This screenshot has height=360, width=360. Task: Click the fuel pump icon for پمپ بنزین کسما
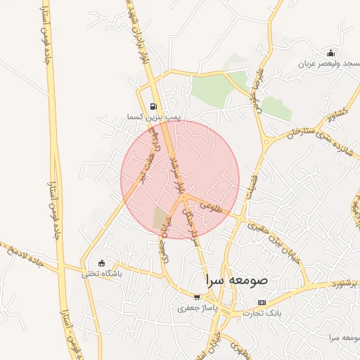pyautogui.click(x=153, y=107)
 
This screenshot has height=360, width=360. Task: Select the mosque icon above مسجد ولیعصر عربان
pyautogui.click(x=330, y=53)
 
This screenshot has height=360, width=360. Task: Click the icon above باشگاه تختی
pyautogui.click(x=101, y=263)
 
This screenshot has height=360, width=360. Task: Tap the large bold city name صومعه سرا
pyautogui.click(x=237, y=279)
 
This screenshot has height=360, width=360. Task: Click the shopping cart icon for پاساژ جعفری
pyautogui.click(x=197, y=297)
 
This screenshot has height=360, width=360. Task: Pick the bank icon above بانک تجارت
pyautogui.click(x=262, y=302)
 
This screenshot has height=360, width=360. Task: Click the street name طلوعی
pyautogui.click(x=211, y=207)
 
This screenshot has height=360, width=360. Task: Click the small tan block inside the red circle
pyautogui.click(x=161, y=218)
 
